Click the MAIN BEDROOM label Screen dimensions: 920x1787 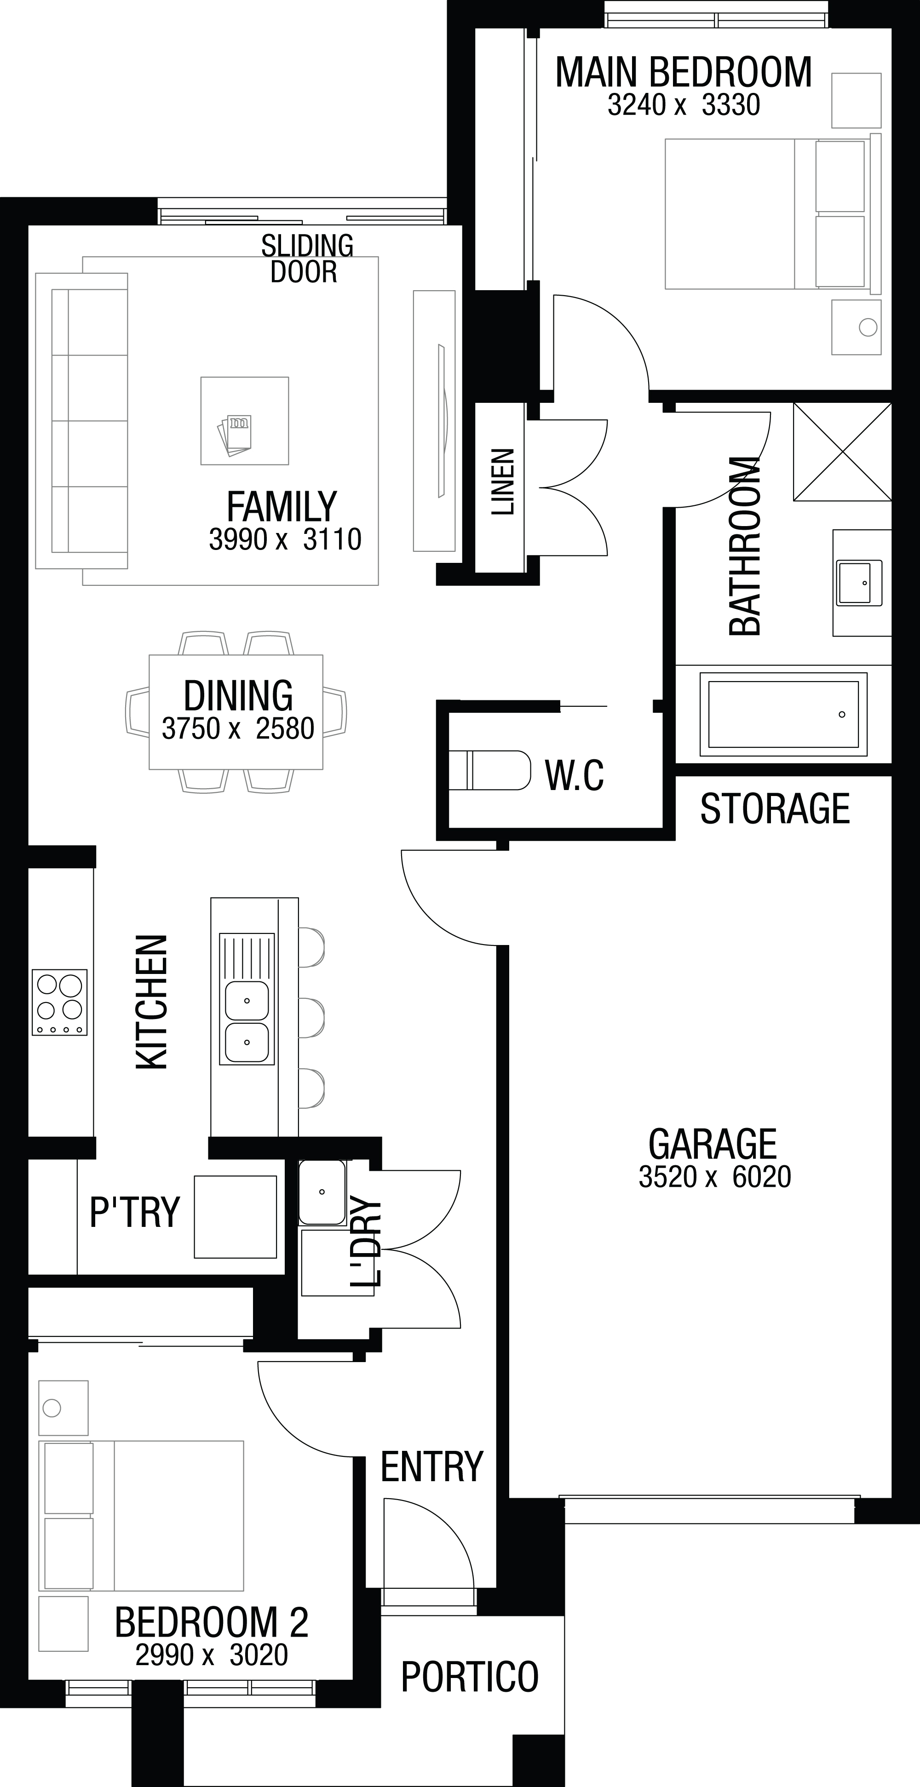pyautogui.click(x=684, y=72)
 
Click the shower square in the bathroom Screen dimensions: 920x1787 pyautogui.click(x=842, y=452)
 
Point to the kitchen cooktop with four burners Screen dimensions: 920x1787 pyautogui.click(x=60, y=1002)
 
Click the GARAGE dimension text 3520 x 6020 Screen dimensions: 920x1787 pyautogui.click(x=715, y=1177)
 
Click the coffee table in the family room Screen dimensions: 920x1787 pyautogui.click(x=245, y=420)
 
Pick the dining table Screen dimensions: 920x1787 pyautogui.click(x=236, y=712)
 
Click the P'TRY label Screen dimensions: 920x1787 pyautogui.click(x=135, y=1212)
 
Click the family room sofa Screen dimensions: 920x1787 pyautogui.click(x=82, y=421)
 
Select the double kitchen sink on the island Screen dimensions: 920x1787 pyautogui.click(x=247, y=999)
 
